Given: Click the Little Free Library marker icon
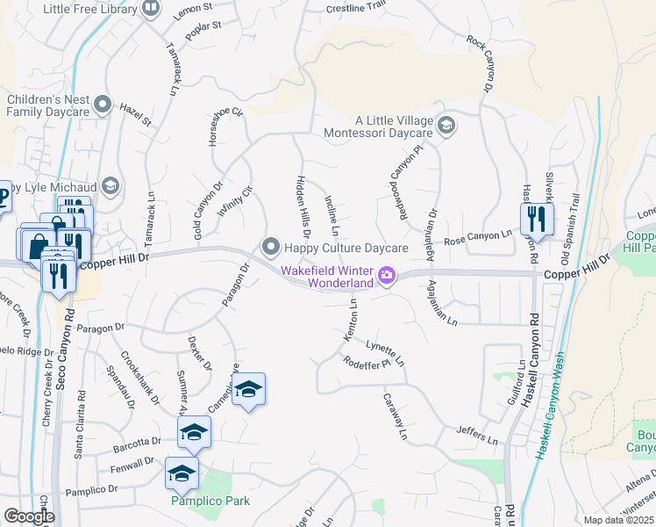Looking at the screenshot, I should [x=151, y=9].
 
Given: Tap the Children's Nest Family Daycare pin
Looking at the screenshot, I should [x=103, y=105].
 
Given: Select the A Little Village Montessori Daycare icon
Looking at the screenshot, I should [x=446, y=126].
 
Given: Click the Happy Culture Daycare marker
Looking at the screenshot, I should [x=270, y=245].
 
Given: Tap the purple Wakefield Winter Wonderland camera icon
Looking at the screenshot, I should [x=385, y=278].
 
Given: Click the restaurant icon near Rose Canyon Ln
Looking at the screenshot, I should [x=537, y=219].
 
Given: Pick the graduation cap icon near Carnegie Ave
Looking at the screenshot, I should [x=249, y=389].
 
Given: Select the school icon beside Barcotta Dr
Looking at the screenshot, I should [x=194, y=432].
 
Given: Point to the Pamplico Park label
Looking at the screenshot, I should [x=210, y=501].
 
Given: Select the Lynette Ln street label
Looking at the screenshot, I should [x=386, y=353].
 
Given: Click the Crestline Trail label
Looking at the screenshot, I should [x=356, y=6].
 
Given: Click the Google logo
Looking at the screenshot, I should [x=28, y=516].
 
